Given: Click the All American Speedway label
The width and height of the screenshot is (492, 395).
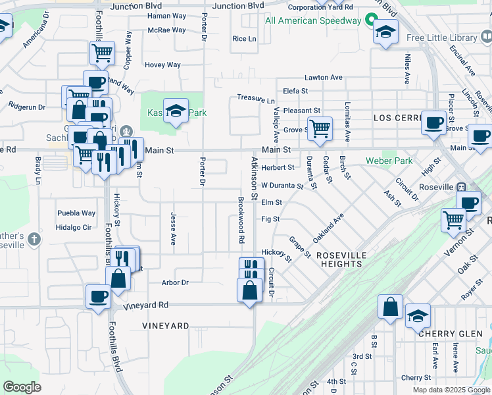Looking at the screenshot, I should (313, 20).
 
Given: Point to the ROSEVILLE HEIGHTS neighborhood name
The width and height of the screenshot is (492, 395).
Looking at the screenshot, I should (339, 259).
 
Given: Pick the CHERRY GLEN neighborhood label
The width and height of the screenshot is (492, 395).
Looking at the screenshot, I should (451, 334).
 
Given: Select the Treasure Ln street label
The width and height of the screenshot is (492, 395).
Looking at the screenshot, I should (256, 99).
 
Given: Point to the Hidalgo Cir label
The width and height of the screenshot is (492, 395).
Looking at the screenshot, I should (73, 227).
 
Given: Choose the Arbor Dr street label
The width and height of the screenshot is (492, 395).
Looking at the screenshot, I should (175, 282).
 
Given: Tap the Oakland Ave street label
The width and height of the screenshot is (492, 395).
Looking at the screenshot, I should (328, 228).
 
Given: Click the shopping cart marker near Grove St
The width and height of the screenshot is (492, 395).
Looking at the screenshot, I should (320, 128).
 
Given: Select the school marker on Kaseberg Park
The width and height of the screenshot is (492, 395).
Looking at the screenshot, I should (176, 110).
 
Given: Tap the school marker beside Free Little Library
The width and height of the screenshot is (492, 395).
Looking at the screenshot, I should (385, 30).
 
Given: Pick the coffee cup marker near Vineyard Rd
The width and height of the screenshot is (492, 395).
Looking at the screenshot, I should (98, 296).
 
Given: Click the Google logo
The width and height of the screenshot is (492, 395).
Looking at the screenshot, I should (22, 387).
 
